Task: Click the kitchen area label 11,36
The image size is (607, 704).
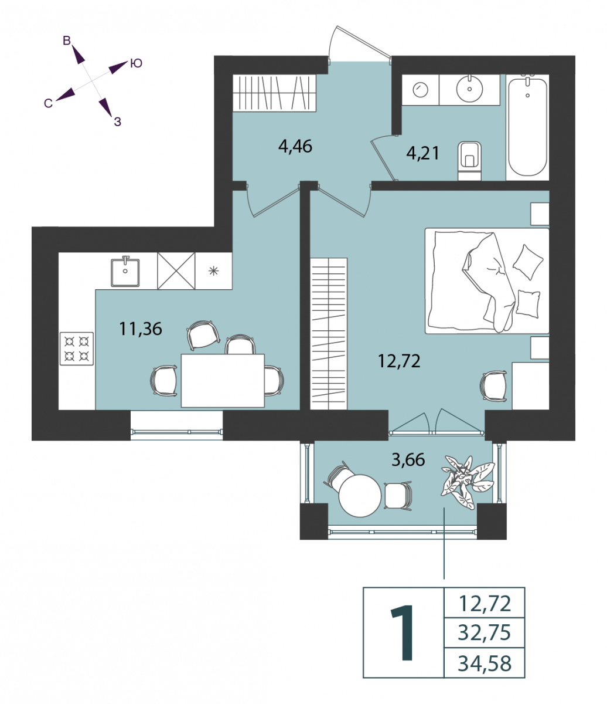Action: click(141, 329)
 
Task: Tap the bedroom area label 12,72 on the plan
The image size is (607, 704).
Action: click(399, 361)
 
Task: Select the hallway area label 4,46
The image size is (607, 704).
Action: click(295, 147)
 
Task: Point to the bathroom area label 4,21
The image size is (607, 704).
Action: click(423, 153)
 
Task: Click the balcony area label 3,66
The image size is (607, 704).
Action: click(408, 460)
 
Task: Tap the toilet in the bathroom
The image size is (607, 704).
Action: click(469, 161)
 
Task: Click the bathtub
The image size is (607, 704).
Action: click(527, 127)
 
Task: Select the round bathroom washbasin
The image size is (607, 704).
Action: click(469, 89)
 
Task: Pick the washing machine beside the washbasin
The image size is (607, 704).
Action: click(421, 90)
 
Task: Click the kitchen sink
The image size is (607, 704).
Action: click(125, 272)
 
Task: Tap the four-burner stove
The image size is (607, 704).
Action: click(77, 348)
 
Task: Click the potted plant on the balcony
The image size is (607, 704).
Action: click(466, 482)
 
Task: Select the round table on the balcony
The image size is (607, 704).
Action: click(360, 496)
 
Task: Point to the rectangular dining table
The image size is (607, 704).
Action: click(223, 380)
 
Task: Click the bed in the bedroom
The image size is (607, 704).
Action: click(487, 281)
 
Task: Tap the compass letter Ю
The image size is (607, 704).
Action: click(136, 63)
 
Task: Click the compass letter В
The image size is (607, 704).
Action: click(67, 41)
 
